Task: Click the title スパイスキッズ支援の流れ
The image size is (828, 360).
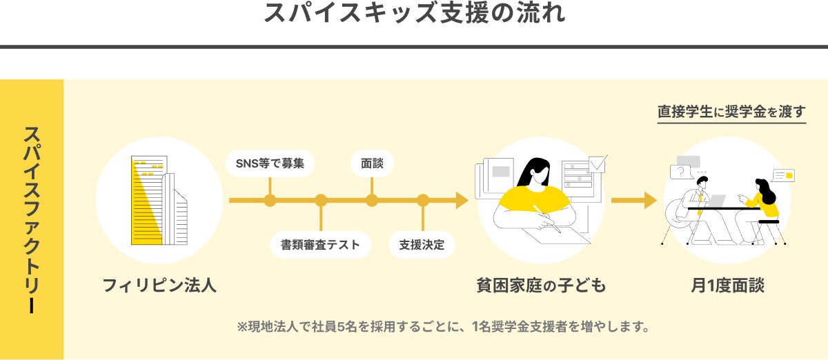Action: tap(414, 14)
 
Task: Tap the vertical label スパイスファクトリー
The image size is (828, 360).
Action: tap(31, 219)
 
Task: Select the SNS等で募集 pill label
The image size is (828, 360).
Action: tap(270, 163)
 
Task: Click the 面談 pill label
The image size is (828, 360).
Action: tap(372, 163)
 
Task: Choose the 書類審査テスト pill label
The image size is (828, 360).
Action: tap(320, 245)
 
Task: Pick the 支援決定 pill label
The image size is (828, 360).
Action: tap(422, 245)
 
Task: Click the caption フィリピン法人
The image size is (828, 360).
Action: tap(159, 285)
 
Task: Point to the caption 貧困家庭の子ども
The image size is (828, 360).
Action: tap(541, 285)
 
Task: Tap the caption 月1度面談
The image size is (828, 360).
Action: tap(727, 285)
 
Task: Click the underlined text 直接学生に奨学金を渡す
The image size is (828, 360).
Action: tap(731, 112)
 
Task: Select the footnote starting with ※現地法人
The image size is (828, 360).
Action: tap(443, 326)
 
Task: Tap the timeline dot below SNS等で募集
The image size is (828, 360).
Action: tap(270, 201)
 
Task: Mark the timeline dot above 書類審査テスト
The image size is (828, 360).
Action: tap(321, 201)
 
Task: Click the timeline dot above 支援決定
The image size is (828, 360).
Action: tap(423, 201)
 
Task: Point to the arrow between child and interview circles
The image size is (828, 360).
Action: tap(633, 201)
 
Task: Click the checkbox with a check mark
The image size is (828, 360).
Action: tap(597, 163)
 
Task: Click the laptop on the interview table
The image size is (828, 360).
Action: tap(716, 201)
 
